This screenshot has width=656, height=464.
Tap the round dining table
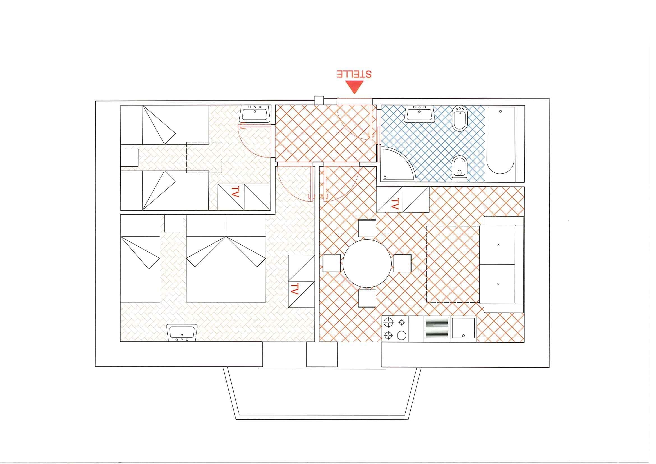coord(367,264)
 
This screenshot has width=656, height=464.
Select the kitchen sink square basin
coord(463,329)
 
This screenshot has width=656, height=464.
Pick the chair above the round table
coord(367,228)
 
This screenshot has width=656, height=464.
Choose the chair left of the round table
coord(332,263)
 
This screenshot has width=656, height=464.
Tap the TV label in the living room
coord(394,204)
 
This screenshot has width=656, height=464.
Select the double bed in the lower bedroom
coord(226,258)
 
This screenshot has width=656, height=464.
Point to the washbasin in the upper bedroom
coord(255,114)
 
